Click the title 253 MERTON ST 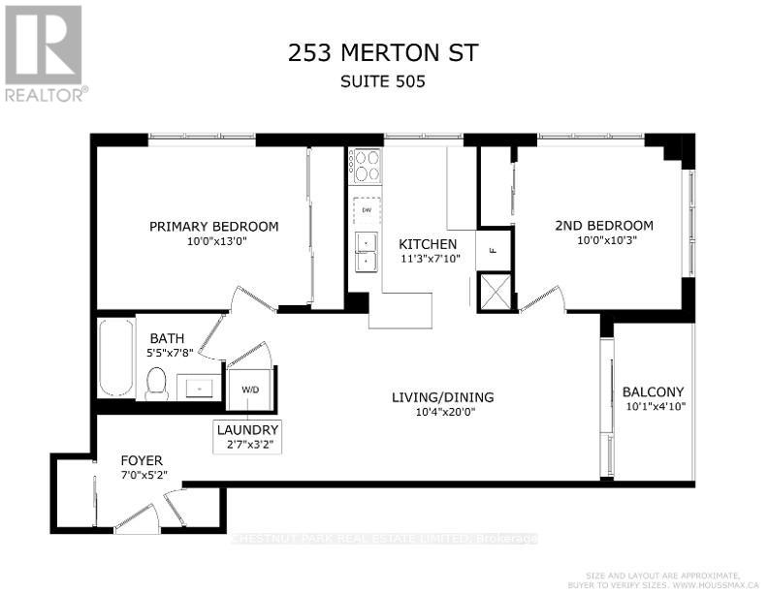click(383, 53)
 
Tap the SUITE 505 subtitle click(383, 82)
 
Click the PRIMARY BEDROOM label click(213, 227)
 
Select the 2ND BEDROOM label click(603, 226)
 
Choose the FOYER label click(142, 459)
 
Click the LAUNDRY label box click(248, 437)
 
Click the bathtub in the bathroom click(115, 359)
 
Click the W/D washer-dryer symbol click(250, 389)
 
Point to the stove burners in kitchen click(367, 166)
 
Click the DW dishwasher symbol click(367, 209)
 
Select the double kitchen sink click(367, 250)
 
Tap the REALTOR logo click(45, 53)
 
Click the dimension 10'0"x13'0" click(213, 244)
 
